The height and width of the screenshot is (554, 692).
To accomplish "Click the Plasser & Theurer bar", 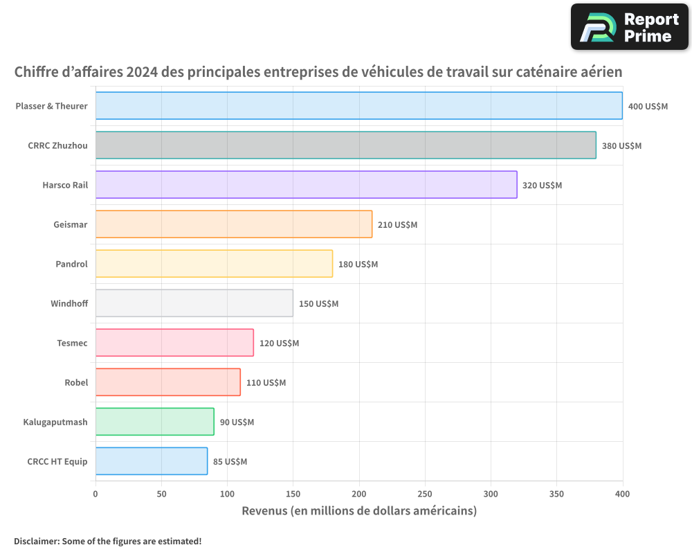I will tap(358, 106).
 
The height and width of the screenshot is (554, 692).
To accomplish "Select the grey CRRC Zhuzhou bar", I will tap(345, 145).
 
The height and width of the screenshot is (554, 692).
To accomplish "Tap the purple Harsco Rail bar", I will tap(306, 185).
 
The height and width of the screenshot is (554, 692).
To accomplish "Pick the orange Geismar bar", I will tap(233, 224).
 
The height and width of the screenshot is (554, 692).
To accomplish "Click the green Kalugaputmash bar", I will tap(154, 422).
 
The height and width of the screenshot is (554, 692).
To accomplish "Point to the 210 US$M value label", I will tap(397, 225).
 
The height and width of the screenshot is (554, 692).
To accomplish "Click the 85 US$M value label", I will tap(230, 462).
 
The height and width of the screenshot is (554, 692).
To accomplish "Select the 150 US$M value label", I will tap(318, 304).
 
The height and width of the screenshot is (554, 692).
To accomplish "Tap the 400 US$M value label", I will tap(648, 107).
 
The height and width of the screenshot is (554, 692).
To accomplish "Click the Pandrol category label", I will tap(71, 264).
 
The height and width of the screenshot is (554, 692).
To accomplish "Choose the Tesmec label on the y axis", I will tap(72, 343).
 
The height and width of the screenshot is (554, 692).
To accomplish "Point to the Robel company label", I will tap(76, 382).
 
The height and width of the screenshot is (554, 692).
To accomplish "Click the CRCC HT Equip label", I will tap(57, 461).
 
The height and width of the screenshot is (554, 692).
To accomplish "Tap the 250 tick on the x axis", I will tap(425, 494).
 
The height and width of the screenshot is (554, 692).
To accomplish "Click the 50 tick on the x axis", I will tap(161, 494).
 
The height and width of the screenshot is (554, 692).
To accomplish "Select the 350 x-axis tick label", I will tap(556, 494).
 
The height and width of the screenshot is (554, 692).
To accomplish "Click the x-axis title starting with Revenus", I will tap(359, 511).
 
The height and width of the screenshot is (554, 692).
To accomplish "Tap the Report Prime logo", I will tap(629, 27).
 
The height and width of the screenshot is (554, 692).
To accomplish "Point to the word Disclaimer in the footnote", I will tap(36, 541).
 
